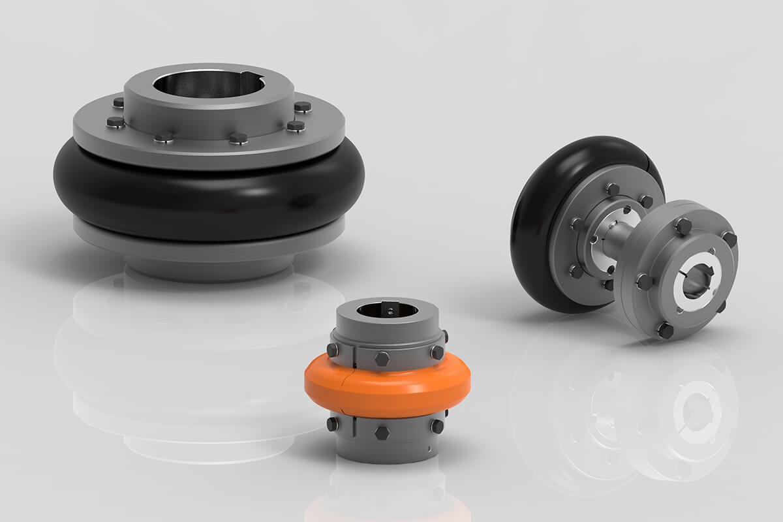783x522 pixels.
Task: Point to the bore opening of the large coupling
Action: click(x=207, y=85)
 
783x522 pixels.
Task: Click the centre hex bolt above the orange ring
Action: click(x=382, y=358)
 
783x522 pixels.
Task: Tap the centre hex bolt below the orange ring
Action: click(x=382, y=433)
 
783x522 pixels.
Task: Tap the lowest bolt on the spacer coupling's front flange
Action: click(x=665, y=331)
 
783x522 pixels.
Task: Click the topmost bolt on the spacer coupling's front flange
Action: click(x=683, y=226)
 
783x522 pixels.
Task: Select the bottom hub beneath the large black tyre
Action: click(x=209, y=264)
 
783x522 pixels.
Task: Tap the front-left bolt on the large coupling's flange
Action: click(x=164, y=137)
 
